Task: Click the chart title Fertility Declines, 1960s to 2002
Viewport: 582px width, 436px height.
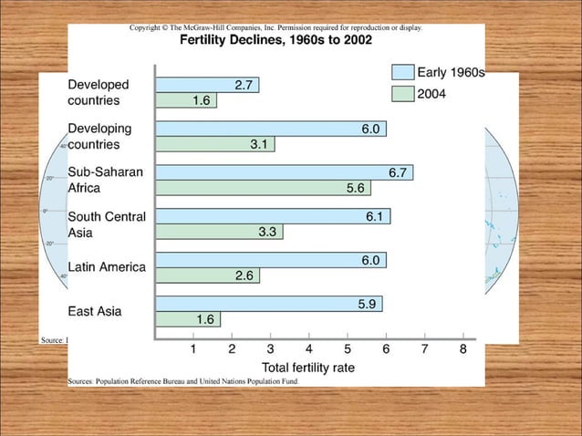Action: [x=275, y=40]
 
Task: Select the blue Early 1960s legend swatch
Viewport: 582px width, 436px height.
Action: [x=402, y=72]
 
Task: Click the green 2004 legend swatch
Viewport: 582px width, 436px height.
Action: [x=402, y=93]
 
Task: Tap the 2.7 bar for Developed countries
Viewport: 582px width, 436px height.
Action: [x=207, y=85]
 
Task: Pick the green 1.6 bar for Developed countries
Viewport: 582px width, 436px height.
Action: [x=186, y=100]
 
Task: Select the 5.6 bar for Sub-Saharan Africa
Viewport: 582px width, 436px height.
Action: [x=264, y=188]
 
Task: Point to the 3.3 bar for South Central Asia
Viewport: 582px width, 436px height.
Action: [x=219, y=232]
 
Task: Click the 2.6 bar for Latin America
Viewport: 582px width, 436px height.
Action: [x=206, y=275]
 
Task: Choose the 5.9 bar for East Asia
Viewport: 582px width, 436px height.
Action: [x=269, y=304]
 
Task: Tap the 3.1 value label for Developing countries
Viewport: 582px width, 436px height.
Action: [x=259, y=144]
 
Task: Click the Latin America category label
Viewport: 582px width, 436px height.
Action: [x=107, y=267]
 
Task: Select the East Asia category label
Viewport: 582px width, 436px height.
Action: [x=95, y=311]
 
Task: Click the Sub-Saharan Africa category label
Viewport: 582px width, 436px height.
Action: [x=99, y=180]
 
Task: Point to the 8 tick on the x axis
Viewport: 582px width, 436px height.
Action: [x=463, y=348]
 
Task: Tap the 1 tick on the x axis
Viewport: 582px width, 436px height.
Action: [x=193, y=348]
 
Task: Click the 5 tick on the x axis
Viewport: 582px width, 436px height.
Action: [x=348, y=348]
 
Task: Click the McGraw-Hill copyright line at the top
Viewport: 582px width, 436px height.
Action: [x=275, y=28]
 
